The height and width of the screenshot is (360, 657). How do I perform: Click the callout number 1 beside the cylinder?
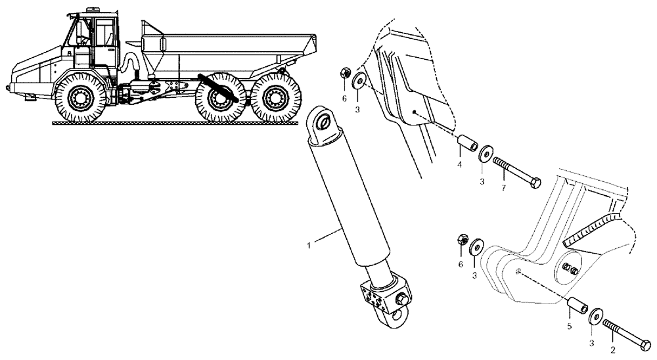point(309,245)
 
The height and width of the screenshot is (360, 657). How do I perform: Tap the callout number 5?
point(570,325)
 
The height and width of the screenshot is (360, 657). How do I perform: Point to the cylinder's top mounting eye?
point(323,122)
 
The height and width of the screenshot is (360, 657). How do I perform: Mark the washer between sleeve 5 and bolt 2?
point(596,314)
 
